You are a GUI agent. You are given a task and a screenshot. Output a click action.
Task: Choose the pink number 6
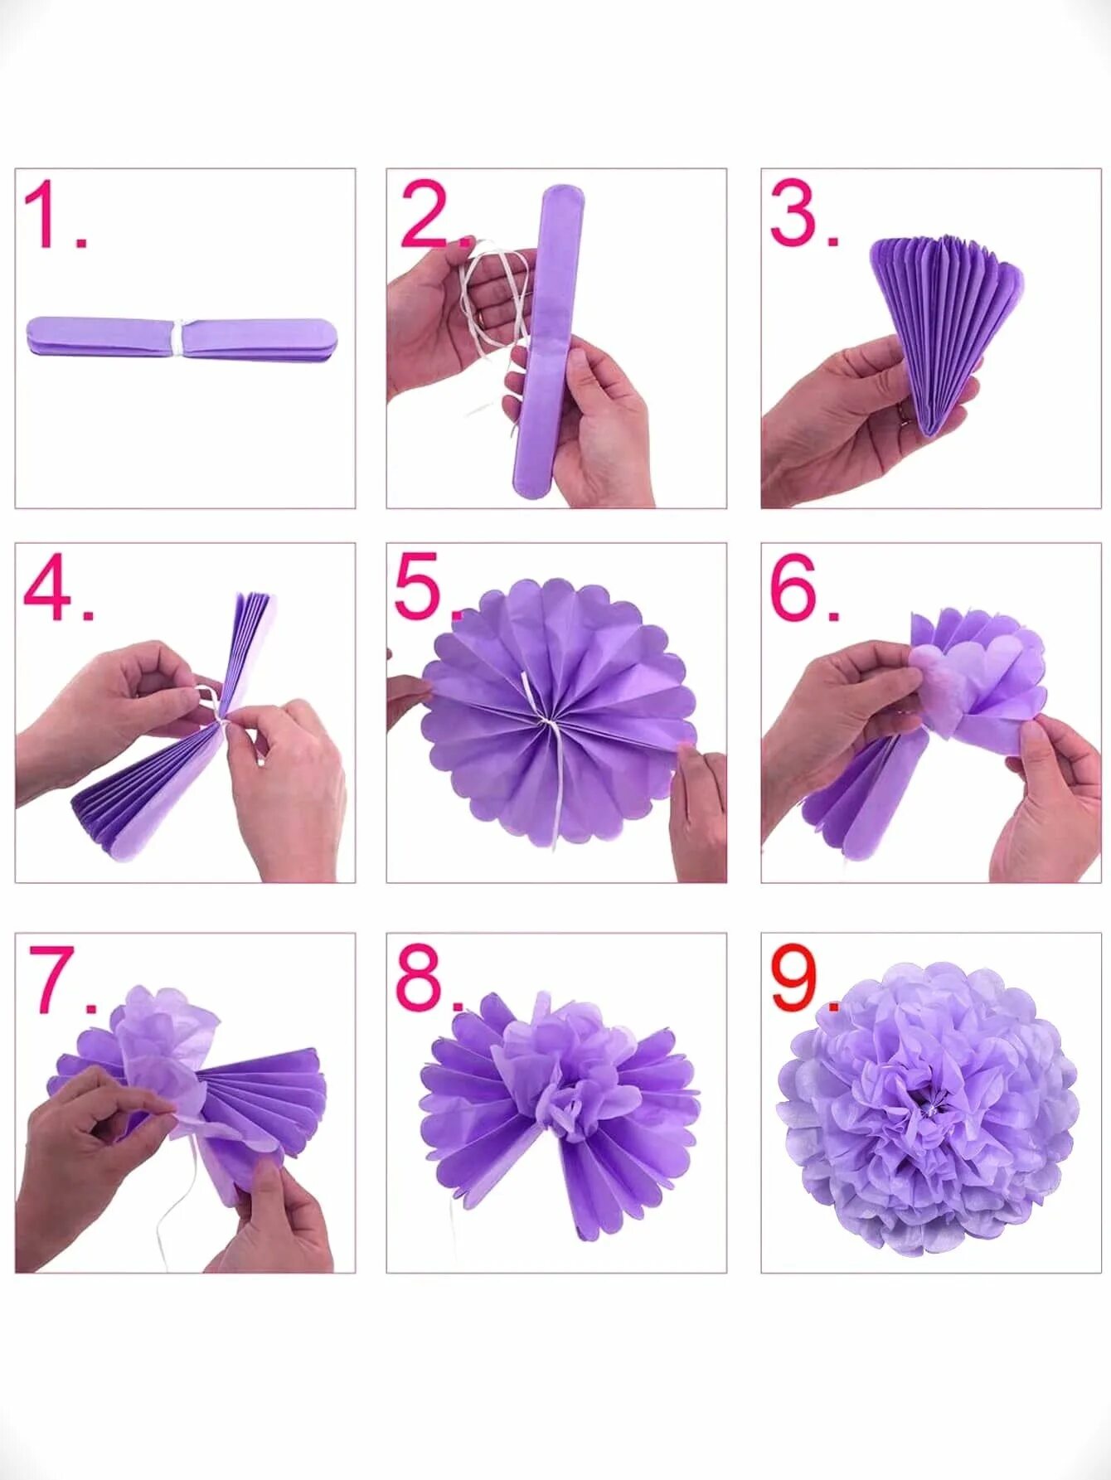pos(794,588)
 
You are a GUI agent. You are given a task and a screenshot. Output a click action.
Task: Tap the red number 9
pos(794,978)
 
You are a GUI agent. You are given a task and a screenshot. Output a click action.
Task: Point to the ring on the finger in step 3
pos(905,412)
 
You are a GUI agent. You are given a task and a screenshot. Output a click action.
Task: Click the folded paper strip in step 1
pos(182,337)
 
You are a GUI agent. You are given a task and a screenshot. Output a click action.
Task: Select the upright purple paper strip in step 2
pos(550,341)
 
